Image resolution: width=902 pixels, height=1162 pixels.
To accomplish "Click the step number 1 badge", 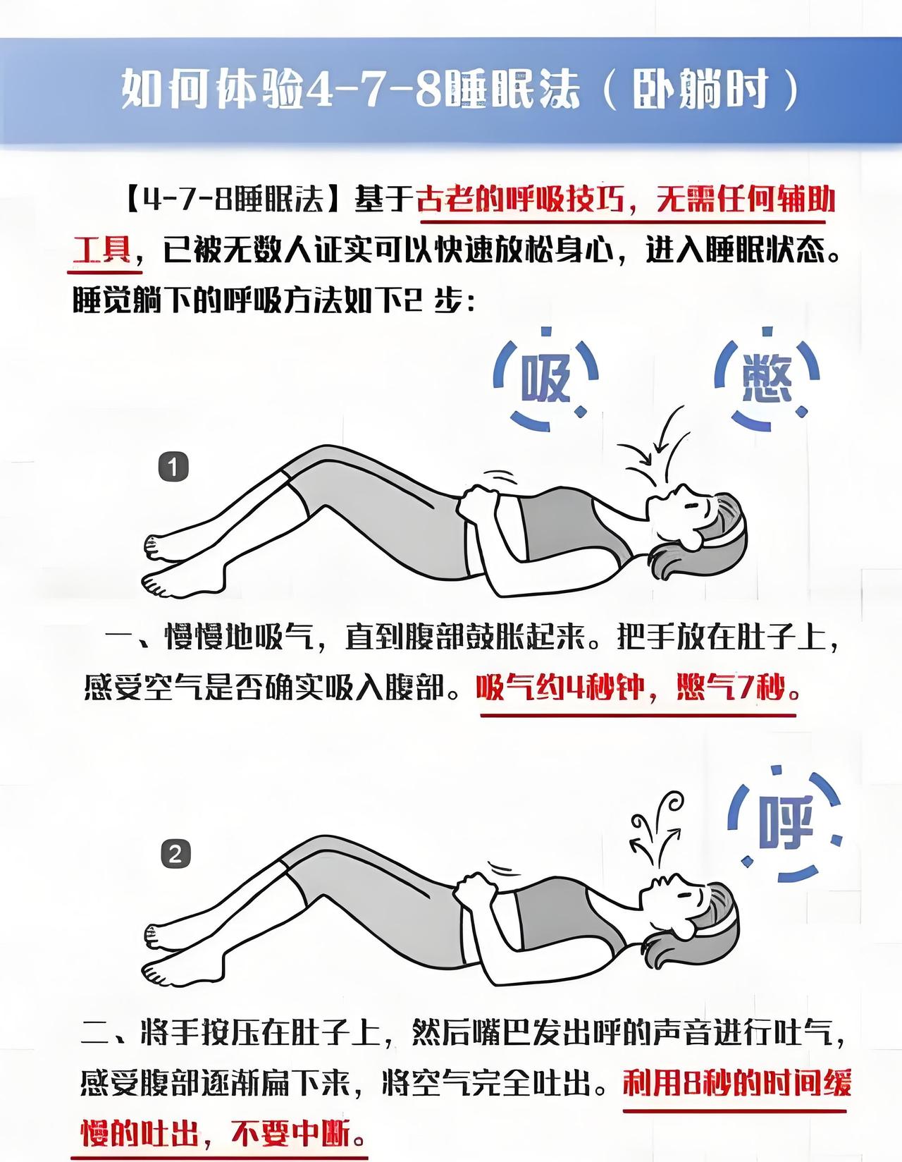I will (174, 467).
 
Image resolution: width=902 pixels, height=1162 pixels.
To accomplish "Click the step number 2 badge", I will (175, 855).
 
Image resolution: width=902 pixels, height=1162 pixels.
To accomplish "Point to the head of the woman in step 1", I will (698, 519).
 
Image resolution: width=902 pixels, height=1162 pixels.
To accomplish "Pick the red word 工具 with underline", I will (102, 251).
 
